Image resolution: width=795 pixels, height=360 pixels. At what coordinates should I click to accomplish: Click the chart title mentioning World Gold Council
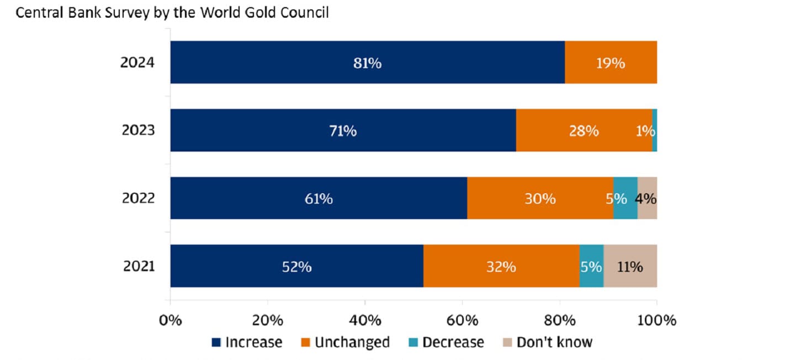172,13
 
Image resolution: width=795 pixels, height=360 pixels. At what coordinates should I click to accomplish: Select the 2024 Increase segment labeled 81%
367,62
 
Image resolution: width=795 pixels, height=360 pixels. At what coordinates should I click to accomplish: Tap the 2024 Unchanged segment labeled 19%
611,62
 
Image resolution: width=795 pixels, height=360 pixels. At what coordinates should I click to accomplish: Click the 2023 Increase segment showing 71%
343,130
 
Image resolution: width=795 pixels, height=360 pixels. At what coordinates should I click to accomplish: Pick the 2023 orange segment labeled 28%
584,130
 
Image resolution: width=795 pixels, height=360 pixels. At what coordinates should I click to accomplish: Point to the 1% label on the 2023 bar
645,131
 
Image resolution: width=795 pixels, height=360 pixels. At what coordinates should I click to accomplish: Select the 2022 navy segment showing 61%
319,198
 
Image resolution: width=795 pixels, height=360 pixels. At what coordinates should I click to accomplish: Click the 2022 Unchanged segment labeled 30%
540,198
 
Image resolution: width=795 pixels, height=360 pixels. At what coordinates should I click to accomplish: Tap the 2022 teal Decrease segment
626,198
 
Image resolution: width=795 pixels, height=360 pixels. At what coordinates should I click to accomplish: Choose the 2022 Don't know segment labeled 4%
647,198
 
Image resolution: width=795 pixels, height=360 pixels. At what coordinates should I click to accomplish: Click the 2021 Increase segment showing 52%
296,266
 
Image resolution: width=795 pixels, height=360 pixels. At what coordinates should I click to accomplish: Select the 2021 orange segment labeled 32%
501,266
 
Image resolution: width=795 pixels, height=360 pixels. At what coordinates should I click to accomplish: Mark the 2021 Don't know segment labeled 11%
630,266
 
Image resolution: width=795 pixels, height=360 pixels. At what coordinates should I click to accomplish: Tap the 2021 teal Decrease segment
591,266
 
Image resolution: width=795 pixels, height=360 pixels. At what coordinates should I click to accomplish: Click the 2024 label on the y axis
137,62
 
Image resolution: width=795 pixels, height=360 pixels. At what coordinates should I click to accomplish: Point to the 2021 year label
138,266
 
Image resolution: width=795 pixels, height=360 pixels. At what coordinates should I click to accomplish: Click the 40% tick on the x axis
365,320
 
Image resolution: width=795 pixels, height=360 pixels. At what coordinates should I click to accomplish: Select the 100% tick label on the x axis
657,320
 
